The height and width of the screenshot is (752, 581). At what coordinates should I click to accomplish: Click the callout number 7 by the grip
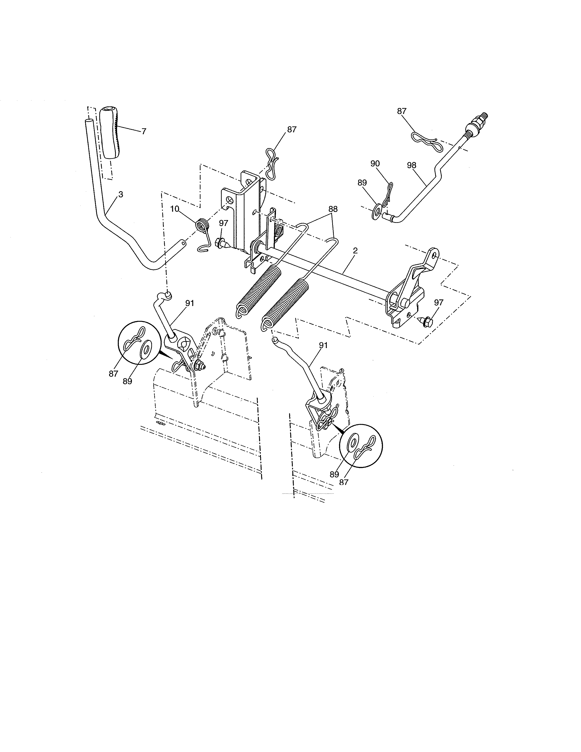tap(144, 131)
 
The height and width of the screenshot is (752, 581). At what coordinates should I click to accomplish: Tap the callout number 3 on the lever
tap(121, 195)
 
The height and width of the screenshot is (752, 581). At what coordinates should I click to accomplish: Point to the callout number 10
tap(175, 209)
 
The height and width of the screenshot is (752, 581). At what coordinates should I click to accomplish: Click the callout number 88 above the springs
tap(333, 209)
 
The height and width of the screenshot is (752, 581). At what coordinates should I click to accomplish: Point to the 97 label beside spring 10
tap(223, 223)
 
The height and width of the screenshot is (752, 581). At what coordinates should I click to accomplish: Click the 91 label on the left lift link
tap(190, 303)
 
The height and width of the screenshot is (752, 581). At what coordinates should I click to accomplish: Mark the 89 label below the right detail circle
tap(334, 474)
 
